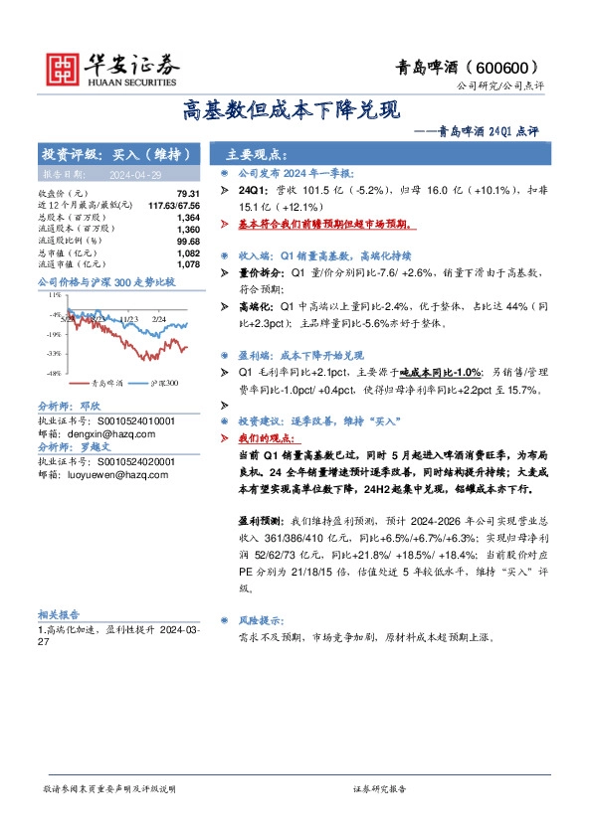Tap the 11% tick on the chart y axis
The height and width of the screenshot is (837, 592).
pos(54,295)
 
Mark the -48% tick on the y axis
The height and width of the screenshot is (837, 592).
pos(53,373)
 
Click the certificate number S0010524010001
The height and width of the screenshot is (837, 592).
pos(126,420)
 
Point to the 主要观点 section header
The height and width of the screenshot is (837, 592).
pos(256,155)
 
